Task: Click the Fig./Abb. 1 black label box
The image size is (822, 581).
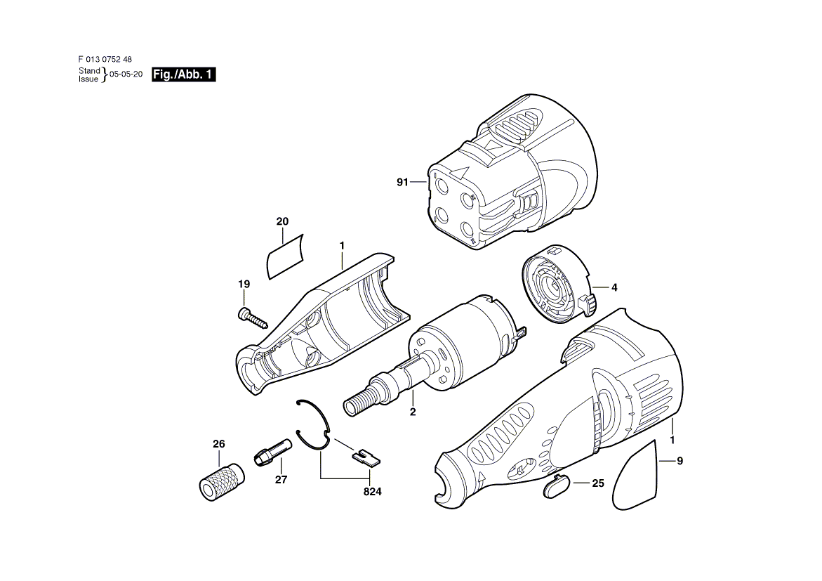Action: tap(183, 74)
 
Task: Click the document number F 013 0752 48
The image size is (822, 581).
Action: tap(105, 59)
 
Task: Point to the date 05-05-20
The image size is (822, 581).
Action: tap(126, 74)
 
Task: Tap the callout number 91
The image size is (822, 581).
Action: tap(402, 182)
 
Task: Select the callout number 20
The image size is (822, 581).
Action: tap(283, 221)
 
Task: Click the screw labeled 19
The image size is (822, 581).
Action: tap(252, 317)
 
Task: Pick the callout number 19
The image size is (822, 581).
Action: tap(244, 284)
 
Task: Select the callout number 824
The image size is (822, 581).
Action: tap(373, 492)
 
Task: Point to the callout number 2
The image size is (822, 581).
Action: tap(413, 412)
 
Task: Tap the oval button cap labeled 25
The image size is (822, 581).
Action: tap(556, 486)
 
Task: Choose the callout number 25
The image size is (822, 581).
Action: tap(598, 483)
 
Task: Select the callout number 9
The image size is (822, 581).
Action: tap(680, 462)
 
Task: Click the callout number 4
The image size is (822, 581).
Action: tap(614, 287)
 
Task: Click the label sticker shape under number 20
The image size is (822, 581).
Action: tap(286, 257)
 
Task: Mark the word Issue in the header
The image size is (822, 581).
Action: tap(88, 79)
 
